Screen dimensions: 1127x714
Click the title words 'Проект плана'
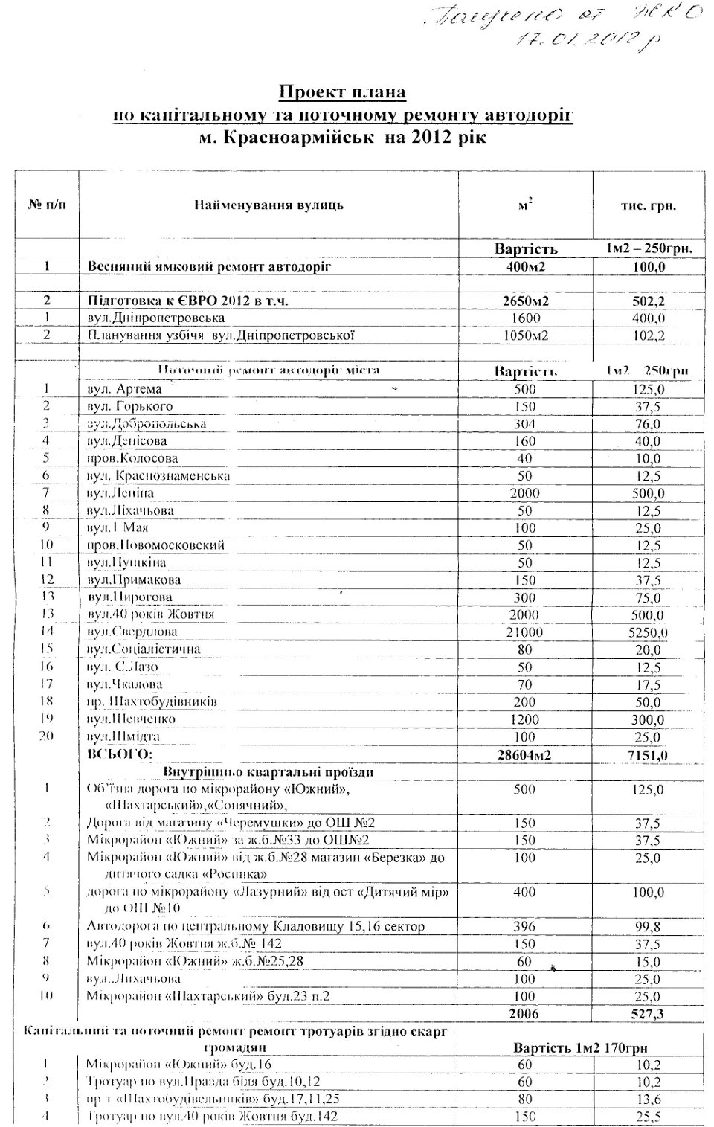click(x=343, y=93)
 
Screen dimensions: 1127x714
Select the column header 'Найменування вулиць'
click(x=268, y=205)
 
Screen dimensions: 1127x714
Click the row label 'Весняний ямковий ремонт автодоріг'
click(x=210, y=266)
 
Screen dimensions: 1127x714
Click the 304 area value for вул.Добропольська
click(x=524, y=424)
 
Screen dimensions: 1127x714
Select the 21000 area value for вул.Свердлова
click(x=524, y=632)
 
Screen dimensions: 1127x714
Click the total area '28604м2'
click(x=524, y=755)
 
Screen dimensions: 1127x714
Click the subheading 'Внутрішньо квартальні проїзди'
click(x=268, y=771)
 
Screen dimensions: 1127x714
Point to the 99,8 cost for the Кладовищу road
click(x=647, y=927)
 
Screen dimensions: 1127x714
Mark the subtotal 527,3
click(x=647, y=1014)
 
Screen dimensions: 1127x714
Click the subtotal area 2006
click(x=524, y=1014)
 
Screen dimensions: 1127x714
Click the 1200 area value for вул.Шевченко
click(x=524, y=719)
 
